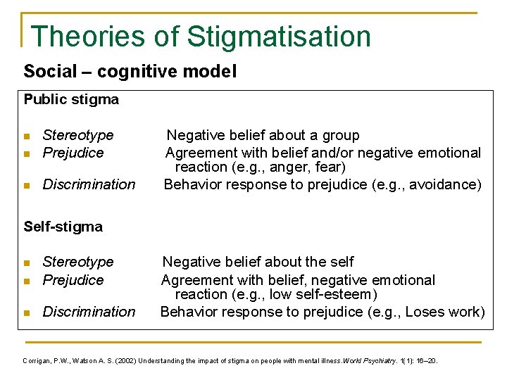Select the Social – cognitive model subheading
click(130, 72)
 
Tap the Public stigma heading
click(71, 99)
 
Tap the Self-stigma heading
click(63, 227)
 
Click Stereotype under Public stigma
click(77, 135)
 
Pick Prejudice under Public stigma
click(73, 153)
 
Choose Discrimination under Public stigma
click(89, 184)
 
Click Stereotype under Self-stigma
click(77, 262)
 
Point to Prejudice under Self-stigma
click(73, 280)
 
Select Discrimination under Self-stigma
click(89, 312)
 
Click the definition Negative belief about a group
click(263, 135)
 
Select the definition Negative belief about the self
click(258, 262)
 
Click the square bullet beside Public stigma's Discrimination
click(27, 186)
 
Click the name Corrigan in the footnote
click(37, 361)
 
